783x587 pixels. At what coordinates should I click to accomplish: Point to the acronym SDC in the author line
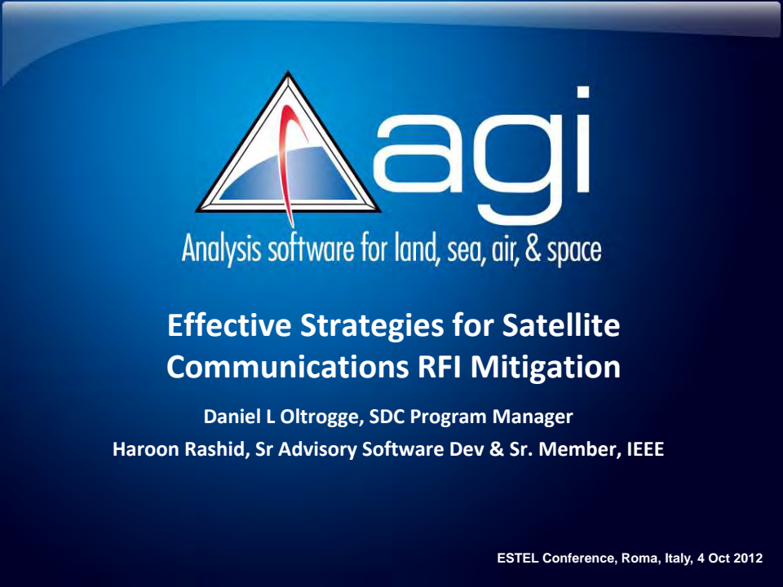387,417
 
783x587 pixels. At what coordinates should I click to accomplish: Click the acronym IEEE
644,448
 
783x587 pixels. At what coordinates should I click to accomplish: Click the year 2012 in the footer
748,558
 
